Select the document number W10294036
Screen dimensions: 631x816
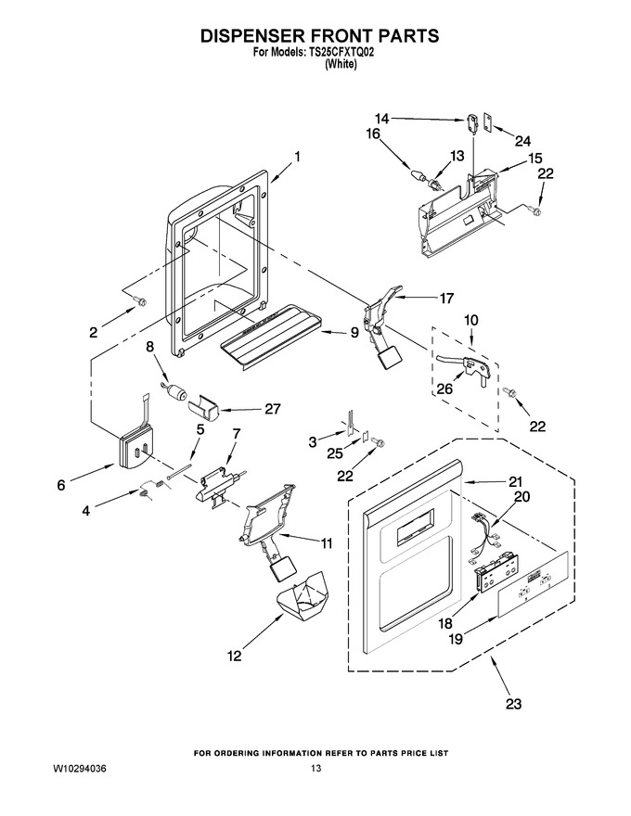click(x=80, y=768)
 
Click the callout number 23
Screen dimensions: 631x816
click(x=513, y=704)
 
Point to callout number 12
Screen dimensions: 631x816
click(x=234, y=656)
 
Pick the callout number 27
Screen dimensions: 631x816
click(x=272, y=409)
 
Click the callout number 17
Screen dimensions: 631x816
click(x=446, y=299)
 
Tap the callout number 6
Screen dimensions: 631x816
click(x=61, y=486)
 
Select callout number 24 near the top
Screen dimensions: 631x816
click(x=522, y=141)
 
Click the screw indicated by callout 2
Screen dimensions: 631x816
click(x=139, y=300)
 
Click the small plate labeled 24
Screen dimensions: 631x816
click(x=489, y=122)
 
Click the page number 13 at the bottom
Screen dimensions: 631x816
click(x=315, y=768)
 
